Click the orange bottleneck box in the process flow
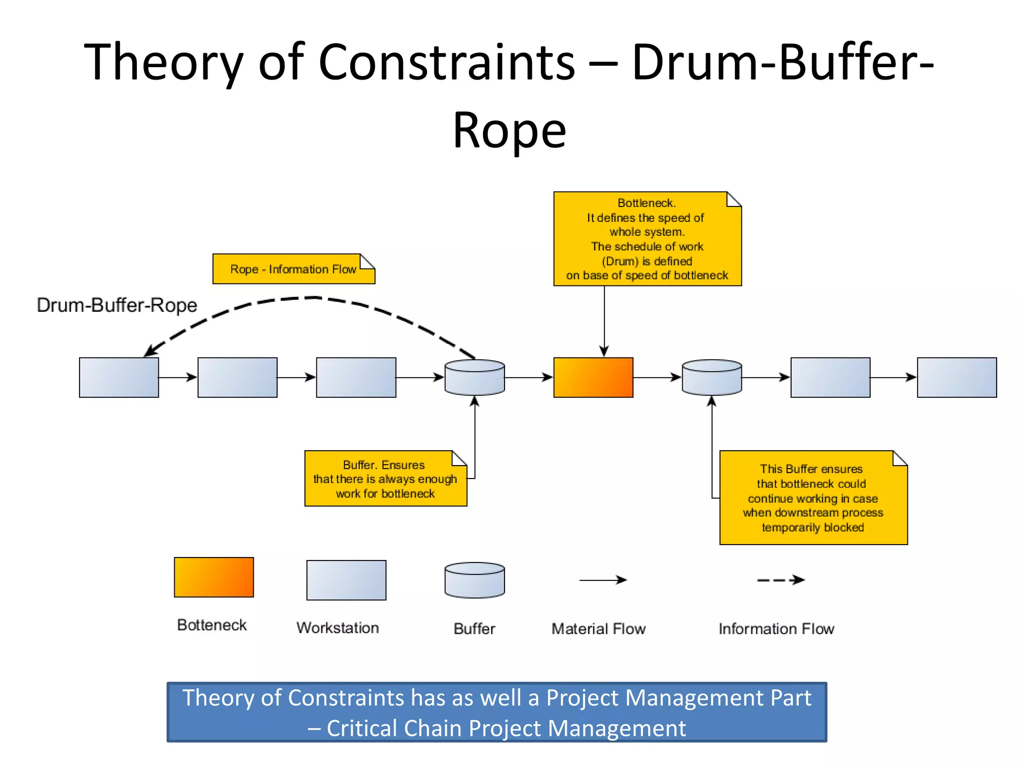coord(593,377)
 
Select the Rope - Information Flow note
coord(294,269)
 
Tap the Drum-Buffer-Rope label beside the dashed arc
coord(117,305)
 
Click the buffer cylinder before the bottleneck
coord(474,378)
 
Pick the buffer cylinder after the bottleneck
coord(712,378)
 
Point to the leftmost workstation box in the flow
coord(119,377)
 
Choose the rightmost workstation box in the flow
coord(956,377)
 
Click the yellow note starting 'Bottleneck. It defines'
coord(647,239)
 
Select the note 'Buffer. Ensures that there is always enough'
coord(385,478)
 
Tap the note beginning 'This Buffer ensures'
coord(813,497)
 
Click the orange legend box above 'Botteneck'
coord(213,577)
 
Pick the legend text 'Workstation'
coord(338,628)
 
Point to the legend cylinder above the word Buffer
coord(474,580)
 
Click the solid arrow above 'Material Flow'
coord(602,580)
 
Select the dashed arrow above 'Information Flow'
coord(780,580)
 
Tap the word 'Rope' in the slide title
coord(509,130)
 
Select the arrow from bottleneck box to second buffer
coord(657,378)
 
